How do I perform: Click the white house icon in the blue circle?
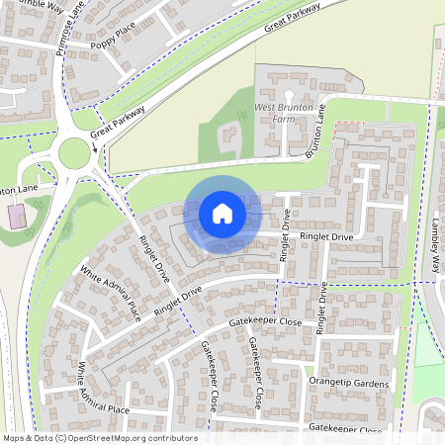(x=222, y=213)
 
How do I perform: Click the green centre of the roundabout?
(x=74, y=153)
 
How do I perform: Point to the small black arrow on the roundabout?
(x=95, y=148)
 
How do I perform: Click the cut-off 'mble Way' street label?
(x=30, y=6)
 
